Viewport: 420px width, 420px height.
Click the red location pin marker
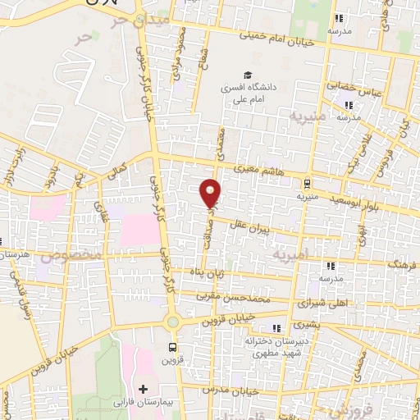211,192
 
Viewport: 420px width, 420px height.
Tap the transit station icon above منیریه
308,184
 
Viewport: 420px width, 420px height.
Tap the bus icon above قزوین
171,347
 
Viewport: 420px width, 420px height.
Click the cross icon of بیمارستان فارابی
144,387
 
